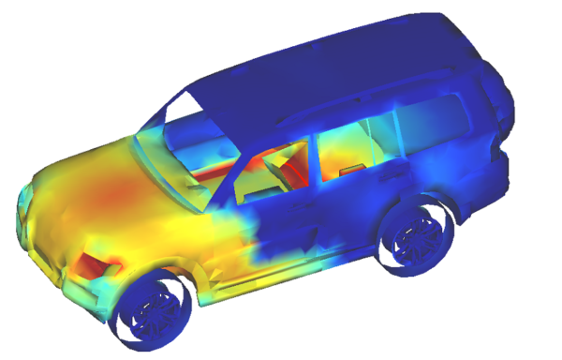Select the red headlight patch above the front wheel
pyautogui.click(x=97, y=265)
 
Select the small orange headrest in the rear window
pyautogui.click(x=351, y=170)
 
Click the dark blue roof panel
pyautogui.click(x=328, y=66)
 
